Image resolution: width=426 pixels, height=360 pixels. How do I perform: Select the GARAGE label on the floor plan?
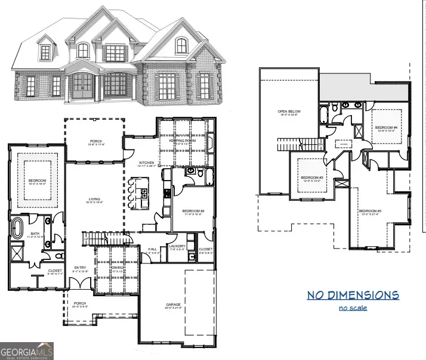[x=173, y=305]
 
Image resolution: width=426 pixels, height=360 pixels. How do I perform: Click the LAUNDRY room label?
[x=177, y=246]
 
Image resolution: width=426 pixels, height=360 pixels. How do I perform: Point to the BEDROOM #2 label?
[x=193, y=211]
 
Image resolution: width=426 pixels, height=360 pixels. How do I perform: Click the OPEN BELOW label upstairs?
[x=289, y=111]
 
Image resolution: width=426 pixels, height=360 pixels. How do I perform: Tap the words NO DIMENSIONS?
[x=353, y=295]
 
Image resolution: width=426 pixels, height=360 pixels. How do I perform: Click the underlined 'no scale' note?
[x=353, y=308]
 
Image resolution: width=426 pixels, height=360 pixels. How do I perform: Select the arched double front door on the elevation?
[x=85, y=87]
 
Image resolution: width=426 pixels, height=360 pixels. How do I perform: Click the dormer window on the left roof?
[x=45, y=52]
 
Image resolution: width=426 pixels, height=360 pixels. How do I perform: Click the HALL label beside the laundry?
[x=152, y=249]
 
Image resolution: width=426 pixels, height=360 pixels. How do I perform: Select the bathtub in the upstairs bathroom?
[x=323, y=114]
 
